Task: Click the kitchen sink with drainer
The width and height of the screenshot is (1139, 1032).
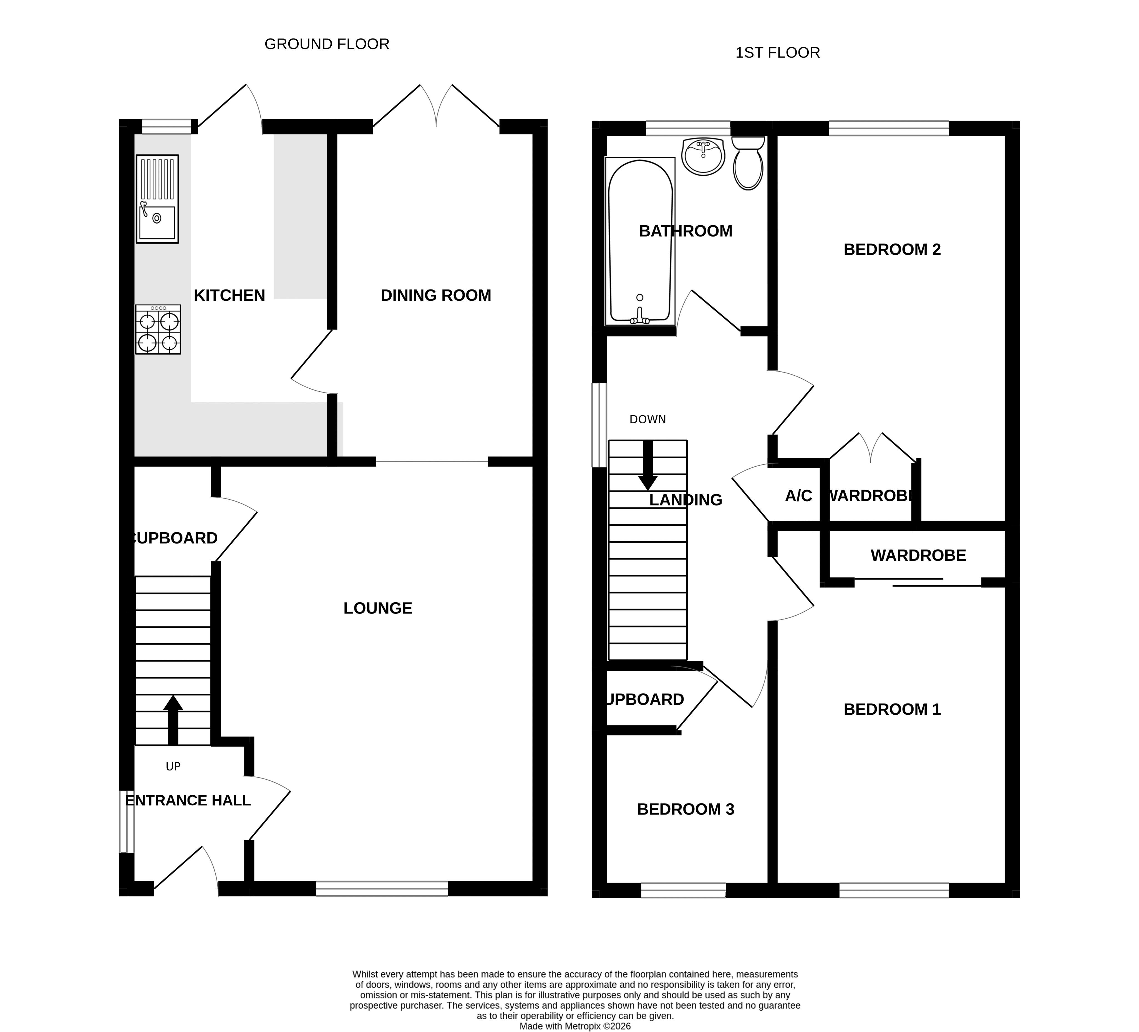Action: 157,199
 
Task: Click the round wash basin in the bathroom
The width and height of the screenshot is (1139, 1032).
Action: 703,156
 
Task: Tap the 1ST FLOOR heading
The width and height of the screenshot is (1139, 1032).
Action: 777,52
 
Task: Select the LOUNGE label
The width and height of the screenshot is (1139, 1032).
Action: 378,608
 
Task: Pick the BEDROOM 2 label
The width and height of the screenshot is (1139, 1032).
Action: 892,250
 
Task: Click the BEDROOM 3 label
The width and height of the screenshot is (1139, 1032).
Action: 685,810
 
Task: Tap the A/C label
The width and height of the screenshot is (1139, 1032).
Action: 798,496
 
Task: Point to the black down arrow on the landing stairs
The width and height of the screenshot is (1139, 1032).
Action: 647,466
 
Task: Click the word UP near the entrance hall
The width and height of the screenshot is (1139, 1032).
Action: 173,767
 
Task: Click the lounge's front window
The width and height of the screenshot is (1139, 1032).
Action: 382,889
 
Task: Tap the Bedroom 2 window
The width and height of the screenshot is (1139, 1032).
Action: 889,128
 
